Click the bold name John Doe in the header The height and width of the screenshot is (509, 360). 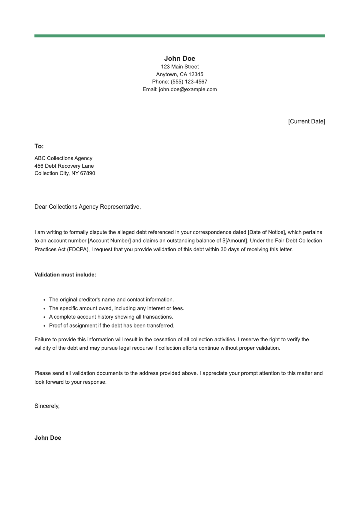(x=179, y=58)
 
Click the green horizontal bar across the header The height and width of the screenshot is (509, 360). (x=179, y=36)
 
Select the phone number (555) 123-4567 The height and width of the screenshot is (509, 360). (x=189, y=82)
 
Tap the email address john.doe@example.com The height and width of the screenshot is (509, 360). (x=188, y=89)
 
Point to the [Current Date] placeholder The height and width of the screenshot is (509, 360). (x=306, y=121)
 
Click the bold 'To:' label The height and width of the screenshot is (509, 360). (x=39, y=146)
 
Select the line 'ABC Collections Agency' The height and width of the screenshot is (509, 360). (x=63, y=158)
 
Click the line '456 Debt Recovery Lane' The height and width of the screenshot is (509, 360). (x=64, y=166)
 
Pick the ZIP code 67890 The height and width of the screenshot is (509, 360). (x=88, y=173)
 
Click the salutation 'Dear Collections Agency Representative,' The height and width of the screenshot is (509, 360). (x=88, y=207)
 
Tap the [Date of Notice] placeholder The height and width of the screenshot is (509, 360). (x=266, y=232)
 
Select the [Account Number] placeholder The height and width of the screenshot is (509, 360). (x=109, y=241)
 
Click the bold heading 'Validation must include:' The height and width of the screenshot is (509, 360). (x=65, y=275)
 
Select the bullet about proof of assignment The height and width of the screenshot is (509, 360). (x=112, y=325)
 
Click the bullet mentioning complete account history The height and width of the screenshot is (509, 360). (x=111, y=317)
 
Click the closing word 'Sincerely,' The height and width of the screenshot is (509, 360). (x=47, y=406)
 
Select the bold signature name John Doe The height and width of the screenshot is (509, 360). (x=48, y=438)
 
